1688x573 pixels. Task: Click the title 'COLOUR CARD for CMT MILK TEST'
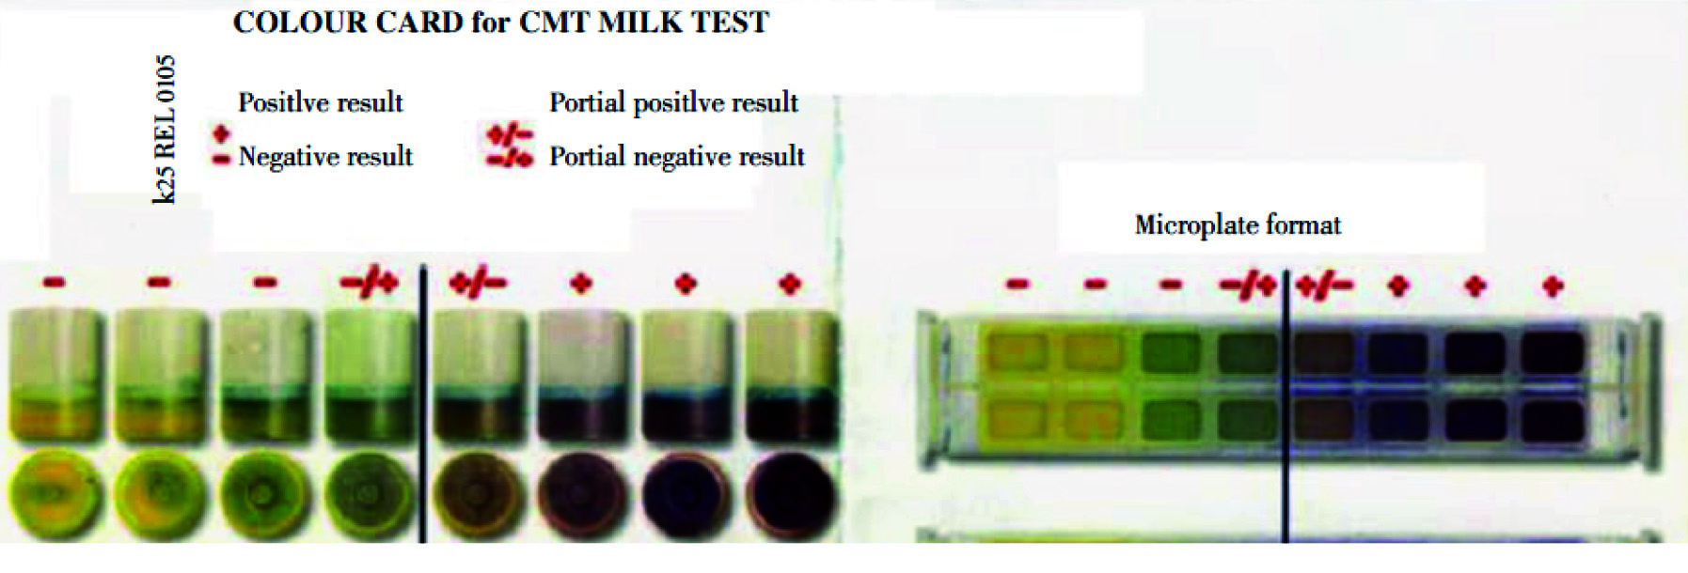500,22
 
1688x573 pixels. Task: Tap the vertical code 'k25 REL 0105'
165,130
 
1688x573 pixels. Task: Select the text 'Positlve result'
320,102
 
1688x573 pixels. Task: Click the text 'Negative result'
325,156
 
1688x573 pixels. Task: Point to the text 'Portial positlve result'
673,102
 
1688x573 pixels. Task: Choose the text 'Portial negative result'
677,156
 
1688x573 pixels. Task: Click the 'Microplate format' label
1238,225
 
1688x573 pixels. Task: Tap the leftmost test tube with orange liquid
55,375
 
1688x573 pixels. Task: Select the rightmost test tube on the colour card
791,376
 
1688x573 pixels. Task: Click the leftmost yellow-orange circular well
54,494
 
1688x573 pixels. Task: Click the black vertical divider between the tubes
423,405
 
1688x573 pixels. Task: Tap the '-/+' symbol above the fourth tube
370,282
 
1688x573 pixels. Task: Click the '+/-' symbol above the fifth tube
478,282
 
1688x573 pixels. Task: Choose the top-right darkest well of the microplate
1553,353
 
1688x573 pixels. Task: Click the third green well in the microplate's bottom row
1171,420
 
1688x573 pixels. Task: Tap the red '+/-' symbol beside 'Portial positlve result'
510,134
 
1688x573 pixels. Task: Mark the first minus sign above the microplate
1018,284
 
